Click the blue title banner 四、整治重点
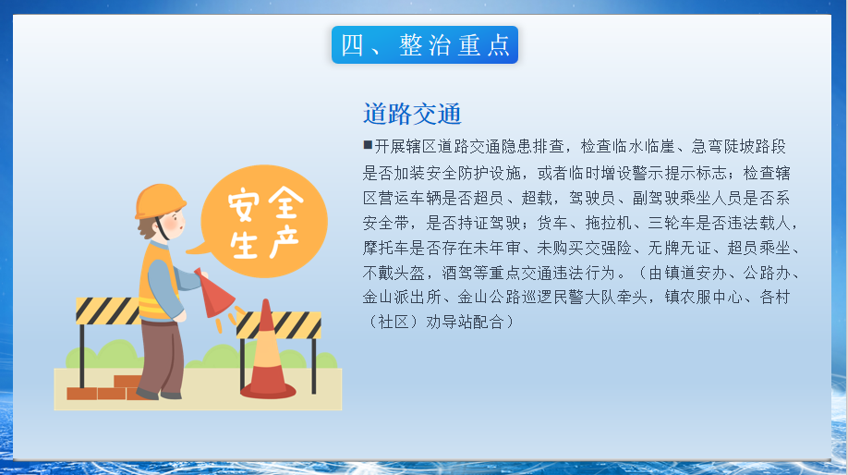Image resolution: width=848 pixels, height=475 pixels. [x=425, y=45]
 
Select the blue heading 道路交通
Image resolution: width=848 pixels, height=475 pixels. [x=412, y=114]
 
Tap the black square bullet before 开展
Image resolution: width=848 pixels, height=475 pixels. [x=368, y=144]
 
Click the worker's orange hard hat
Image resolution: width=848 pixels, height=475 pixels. [x=160, y=201]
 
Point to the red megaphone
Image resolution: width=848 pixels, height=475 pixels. [x=213, y=293]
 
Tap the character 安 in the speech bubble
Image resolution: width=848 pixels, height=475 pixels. [x=244, y=204]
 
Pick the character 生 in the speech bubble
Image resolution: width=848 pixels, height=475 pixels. [x=244, y=245]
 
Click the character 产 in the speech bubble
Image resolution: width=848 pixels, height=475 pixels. [x=285, y=242]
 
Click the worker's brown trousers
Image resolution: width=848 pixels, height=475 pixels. [x=162, y=358]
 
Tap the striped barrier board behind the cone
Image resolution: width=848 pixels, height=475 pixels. [x=279, y=324]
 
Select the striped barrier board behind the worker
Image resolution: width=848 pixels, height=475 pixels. [x=108, y=311]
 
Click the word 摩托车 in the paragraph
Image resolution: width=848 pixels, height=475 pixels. [x=385, y=248]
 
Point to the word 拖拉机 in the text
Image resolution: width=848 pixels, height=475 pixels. [x=609, y=223]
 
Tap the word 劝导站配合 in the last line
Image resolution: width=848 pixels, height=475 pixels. [x=465, y=322]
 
